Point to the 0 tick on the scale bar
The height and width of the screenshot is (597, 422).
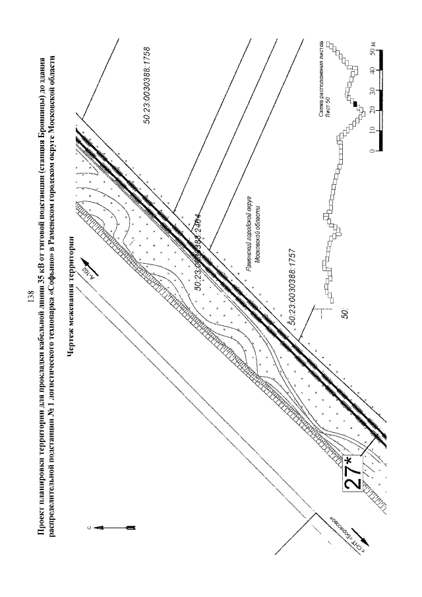coord(373,151)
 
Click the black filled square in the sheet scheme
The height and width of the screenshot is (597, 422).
coord(353,104)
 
